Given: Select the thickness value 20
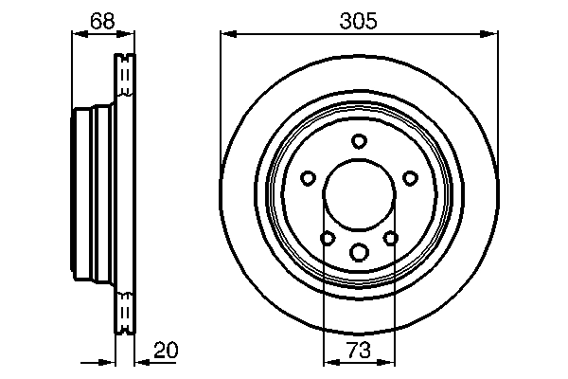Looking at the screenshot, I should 165,351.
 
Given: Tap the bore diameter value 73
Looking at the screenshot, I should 359,351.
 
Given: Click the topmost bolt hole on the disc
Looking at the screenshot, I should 359,141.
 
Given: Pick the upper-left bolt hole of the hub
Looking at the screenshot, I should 308,177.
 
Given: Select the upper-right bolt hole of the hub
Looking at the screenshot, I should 410,177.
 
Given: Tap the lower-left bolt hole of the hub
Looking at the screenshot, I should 328,238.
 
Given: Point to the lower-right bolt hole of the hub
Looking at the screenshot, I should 390,238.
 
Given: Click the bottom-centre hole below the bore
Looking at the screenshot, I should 359,252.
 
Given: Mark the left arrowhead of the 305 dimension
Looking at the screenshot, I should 226,34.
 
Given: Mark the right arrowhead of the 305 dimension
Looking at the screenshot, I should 491,34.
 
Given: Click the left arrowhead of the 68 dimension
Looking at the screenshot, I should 78,34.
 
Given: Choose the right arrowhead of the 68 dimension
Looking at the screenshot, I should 128,34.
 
